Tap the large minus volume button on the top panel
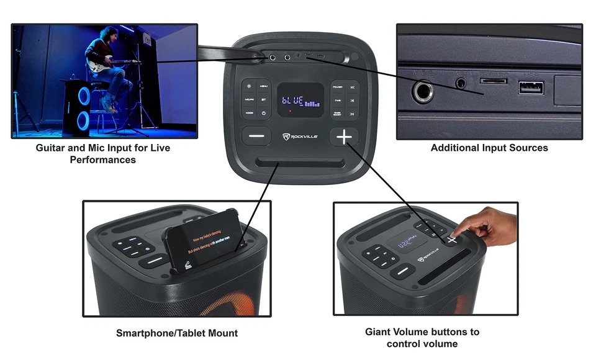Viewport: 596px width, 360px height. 256,137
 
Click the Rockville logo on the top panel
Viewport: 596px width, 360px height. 300,137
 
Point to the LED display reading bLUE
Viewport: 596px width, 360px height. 300,99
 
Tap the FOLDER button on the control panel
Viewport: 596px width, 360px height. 337,88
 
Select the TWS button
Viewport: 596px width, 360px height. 337,101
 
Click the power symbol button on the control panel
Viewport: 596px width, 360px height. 264,113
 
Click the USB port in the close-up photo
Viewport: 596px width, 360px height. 531,88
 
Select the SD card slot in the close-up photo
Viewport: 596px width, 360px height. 494,80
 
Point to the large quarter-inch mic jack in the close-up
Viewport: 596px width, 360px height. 425,94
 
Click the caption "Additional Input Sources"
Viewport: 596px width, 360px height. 489,148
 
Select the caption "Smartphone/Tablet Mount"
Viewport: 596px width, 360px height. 176,333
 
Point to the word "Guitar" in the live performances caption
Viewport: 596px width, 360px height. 51,148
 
